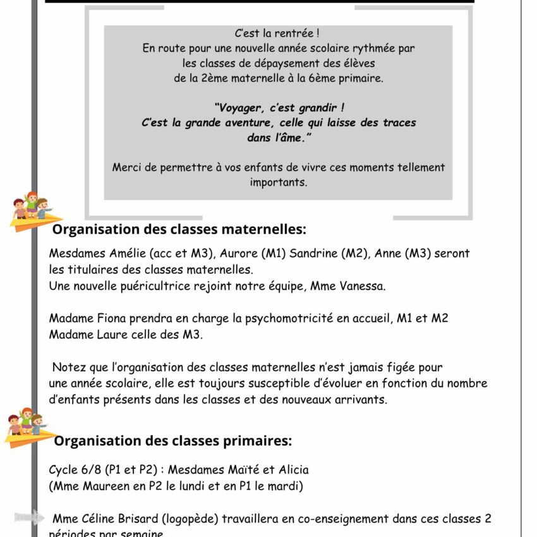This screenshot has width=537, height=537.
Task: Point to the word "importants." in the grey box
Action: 278,182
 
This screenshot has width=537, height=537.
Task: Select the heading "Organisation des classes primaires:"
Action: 172,440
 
